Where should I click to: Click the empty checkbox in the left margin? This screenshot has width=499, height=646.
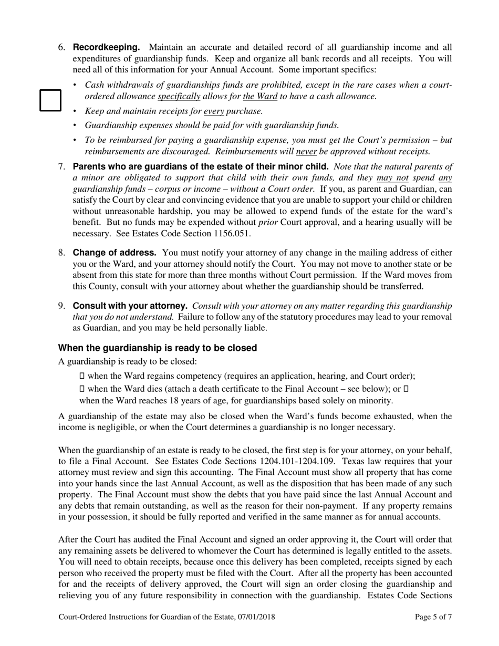click(x=51, y=100)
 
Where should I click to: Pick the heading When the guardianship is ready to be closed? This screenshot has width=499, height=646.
click(x=158, y=348)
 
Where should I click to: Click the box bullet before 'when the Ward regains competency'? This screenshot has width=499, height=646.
click(x=81, y=376)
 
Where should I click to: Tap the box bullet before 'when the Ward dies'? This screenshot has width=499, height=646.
click(x=81, y=389)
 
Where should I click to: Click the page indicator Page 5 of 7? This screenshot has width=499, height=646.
click(x=433, y=617)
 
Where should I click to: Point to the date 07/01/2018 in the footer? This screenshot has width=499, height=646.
click(x=256, y=617)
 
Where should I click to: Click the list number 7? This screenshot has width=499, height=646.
click(x=61, y=167)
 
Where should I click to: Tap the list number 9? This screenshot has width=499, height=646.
click(x=61, y=306)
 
